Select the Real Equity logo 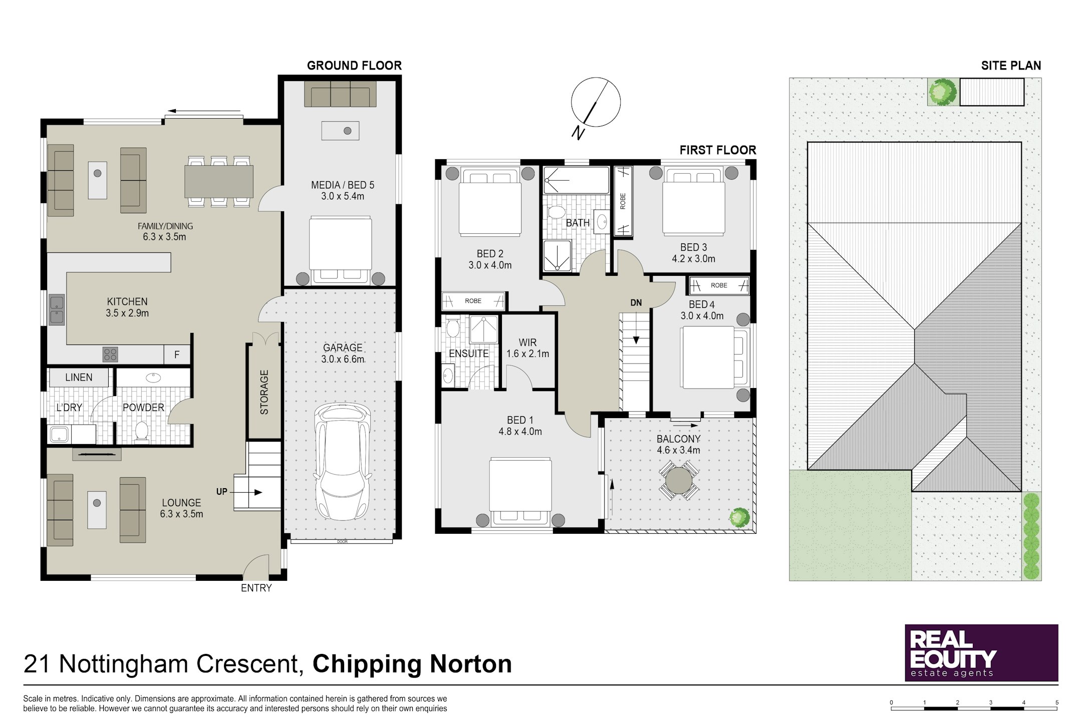click(x=981, y=652)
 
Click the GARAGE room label click(x=343, y=347)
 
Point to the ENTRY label click(x=256, y=588)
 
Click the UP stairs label click(x=222, y=492)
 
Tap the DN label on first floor click(x=636, y=302)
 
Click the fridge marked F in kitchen click(x=177, y=354)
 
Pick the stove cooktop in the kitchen click(x=110, y=354)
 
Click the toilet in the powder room click(x=142, y=432)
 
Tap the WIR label click(x=527, y=342)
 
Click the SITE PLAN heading click(x=1011, y=66)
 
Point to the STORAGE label click(x=264, y=392)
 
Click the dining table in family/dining click(x=219, y=181)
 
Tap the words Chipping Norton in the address click(x=412, y=664)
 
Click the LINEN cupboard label click(x=79, y=378)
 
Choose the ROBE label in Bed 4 click(x=719, y=285)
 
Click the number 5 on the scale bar click(x=1057, y=702)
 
